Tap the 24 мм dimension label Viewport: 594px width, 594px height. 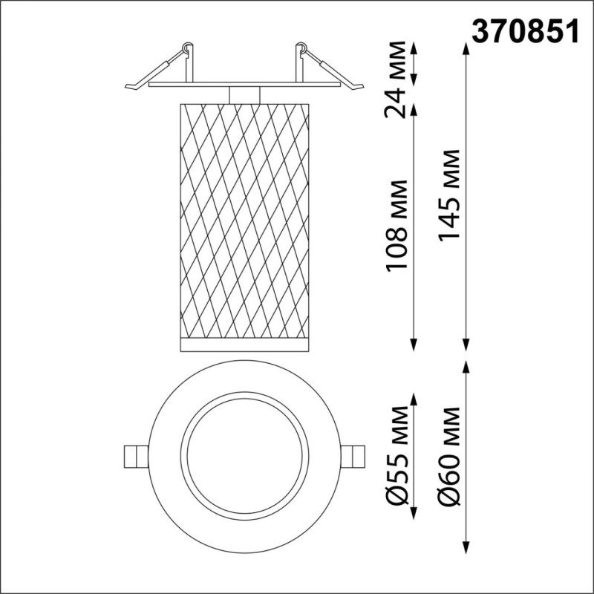pyautogui.click(x=400, y=82)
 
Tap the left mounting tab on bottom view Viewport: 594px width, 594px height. pyautogui.click(x=134, y=455)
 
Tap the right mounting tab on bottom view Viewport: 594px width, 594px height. pyautogui.click(x=355, y=455)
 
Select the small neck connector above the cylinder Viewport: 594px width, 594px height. pyautogui.click(x=244, y=95)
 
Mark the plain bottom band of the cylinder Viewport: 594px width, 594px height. pyautogui.click(x=244, y=343)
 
